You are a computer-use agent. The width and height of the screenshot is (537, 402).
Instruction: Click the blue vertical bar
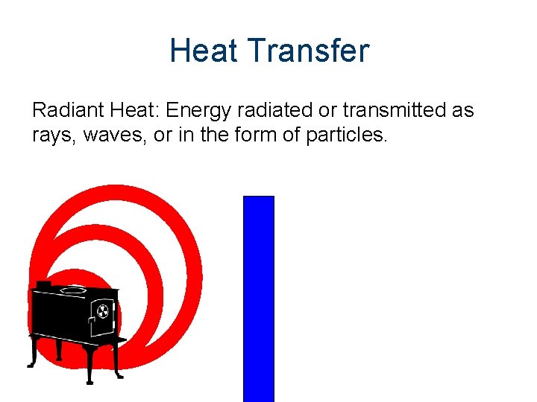[259, 298]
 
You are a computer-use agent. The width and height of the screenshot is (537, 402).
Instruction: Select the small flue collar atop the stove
[43, 284]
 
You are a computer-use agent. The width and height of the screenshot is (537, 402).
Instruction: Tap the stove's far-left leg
[33, 356]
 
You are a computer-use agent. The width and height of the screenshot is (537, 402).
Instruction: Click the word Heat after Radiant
[133, 111]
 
